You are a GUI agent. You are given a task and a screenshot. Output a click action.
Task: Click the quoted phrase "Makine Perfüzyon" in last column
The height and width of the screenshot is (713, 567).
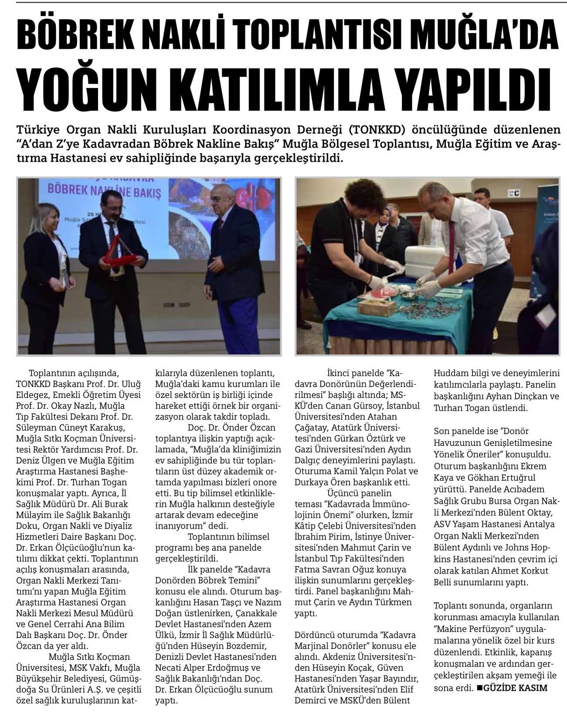point(473,630)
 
